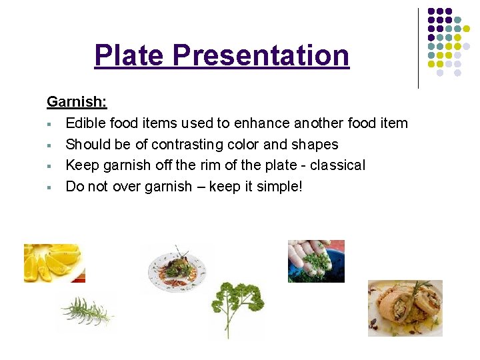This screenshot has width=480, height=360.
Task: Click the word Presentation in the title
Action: coord(261,55)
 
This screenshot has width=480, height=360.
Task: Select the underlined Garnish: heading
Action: coord(77,102)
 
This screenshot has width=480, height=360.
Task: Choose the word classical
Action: coord(338,165)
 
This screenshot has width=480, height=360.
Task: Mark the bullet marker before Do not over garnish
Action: coord(50,187)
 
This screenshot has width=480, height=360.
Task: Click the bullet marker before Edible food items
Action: coord(50,124)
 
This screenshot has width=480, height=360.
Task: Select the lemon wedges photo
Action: coord(54,263)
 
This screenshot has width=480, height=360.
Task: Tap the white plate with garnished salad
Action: coord(177,268)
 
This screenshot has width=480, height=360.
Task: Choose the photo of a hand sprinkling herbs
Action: coord(316,261)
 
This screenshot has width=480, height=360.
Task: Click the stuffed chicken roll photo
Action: coord(405,307)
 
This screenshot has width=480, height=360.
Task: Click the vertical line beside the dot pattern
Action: coord(418,48)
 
